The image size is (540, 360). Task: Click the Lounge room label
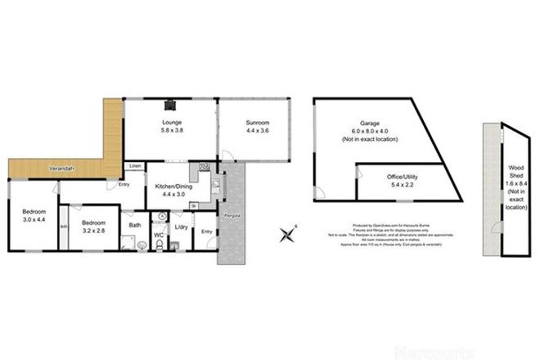click(x=171, y=122)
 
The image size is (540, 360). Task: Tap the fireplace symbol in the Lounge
click(x=170, y=104)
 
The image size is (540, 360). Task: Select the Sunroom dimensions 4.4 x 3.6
click(x=258, y=131)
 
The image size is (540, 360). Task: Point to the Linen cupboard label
click(x=134, y=167)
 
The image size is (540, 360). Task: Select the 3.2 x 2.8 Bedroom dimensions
click(x=96, y=230)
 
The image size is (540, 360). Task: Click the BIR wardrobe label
click(x=63, y=227)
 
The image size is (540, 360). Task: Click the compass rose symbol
click(x=288, y=236)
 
